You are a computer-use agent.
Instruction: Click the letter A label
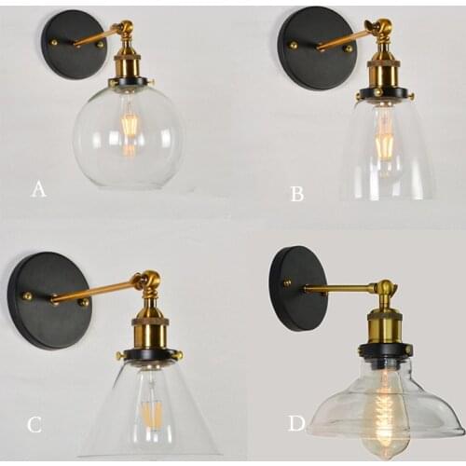coord(38,189)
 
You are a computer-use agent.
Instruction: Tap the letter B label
coord(297,194)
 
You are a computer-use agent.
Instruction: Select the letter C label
coord(34,425)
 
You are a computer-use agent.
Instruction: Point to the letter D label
coord(296,423)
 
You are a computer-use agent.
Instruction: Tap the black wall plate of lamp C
coord(47,299)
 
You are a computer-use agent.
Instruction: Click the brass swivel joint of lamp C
coord(146,281)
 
